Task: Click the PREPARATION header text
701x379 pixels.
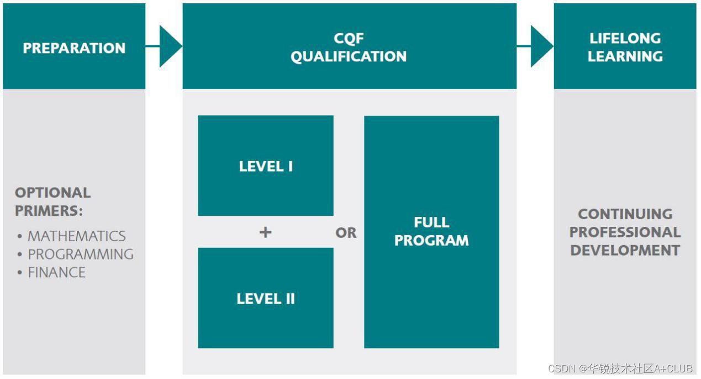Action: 74,48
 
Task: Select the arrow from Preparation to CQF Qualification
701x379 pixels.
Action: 168,46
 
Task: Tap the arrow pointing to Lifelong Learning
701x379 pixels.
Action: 539,46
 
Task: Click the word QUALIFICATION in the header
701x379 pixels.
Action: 349,56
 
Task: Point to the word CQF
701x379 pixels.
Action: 349,38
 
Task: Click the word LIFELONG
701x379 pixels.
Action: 625,38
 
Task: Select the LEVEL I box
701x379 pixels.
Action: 266,166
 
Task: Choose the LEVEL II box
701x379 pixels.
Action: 266,298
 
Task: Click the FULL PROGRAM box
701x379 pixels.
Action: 431,232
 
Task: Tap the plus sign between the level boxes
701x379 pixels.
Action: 266,232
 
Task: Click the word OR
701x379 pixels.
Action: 346,233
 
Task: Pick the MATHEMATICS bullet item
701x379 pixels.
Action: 76,236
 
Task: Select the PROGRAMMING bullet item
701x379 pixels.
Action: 81,254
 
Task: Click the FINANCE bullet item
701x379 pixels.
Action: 56,272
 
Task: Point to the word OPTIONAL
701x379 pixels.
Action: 53,193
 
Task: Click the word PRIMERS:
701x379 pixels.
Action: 49,211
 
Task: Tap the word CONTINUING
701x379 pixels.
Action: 625,214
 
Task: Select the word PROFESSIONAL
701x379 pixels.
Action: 625,232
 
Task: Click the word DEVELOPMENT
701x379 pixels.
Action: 625,250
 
